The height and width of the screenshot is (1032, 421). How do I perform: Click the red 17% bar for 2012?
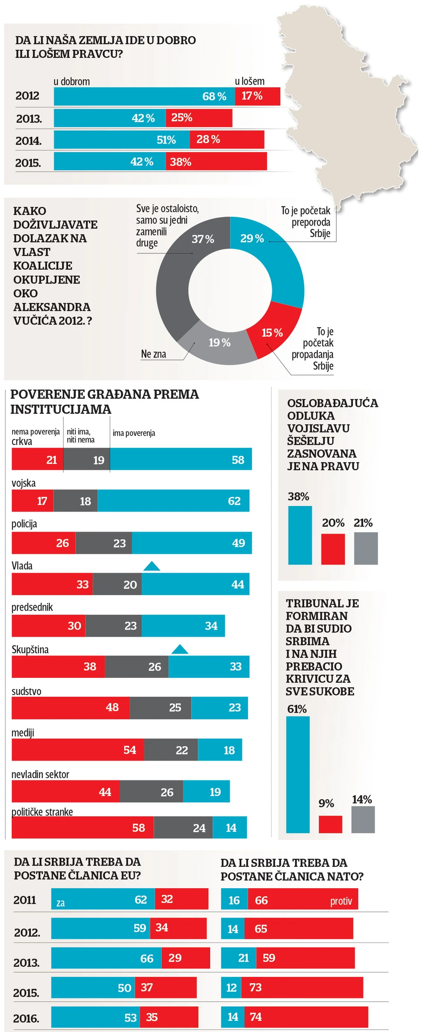click(258, 96)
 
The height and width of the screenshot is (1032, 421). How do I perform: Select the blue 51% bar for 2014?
click(122, 140)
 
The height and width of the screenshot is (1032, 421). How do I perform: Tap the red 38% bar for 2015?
click(216, 162)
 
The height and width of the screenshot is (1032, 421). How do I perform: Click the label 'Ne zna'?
click(154, 354)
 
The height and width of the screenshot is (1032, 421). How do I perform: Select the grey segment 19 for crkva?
click(86, 459)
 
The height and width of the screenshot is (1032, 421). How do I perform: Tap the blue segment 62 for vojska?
click(173, 501)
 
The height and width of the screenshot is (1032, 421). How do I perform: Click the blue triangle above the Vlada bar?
click(151, 566)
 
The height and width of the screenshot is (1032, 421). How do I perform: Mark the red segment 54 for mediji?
click(78, 750)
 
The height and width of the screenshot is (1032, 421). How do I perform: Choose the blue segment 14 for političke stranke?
click(229, 828)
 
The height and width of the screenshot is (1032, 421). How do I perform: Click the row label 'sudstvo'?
click(26, 692)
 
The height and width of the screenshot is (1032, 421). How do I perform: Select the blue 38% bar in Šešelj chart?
click(300, 535)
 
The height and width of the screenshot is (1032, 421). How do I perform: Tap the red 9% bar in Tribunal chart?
click(330, 824)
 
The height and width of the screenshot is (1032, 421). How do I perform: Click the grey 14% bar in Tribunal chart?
click(363, 820)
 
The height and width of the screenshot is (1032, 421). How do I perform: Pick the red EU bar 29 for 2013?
click(185, 958)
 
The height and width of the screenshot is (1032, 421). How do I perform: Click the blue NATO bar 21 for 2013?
click(239, 958)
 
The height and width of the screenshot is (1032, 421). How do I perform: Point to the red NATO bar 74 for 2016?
click(306, 1017)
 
